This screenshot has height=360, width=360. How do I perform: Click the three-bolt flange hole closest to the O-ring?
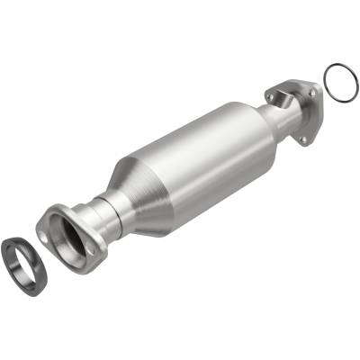click(x=312, y=89)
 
